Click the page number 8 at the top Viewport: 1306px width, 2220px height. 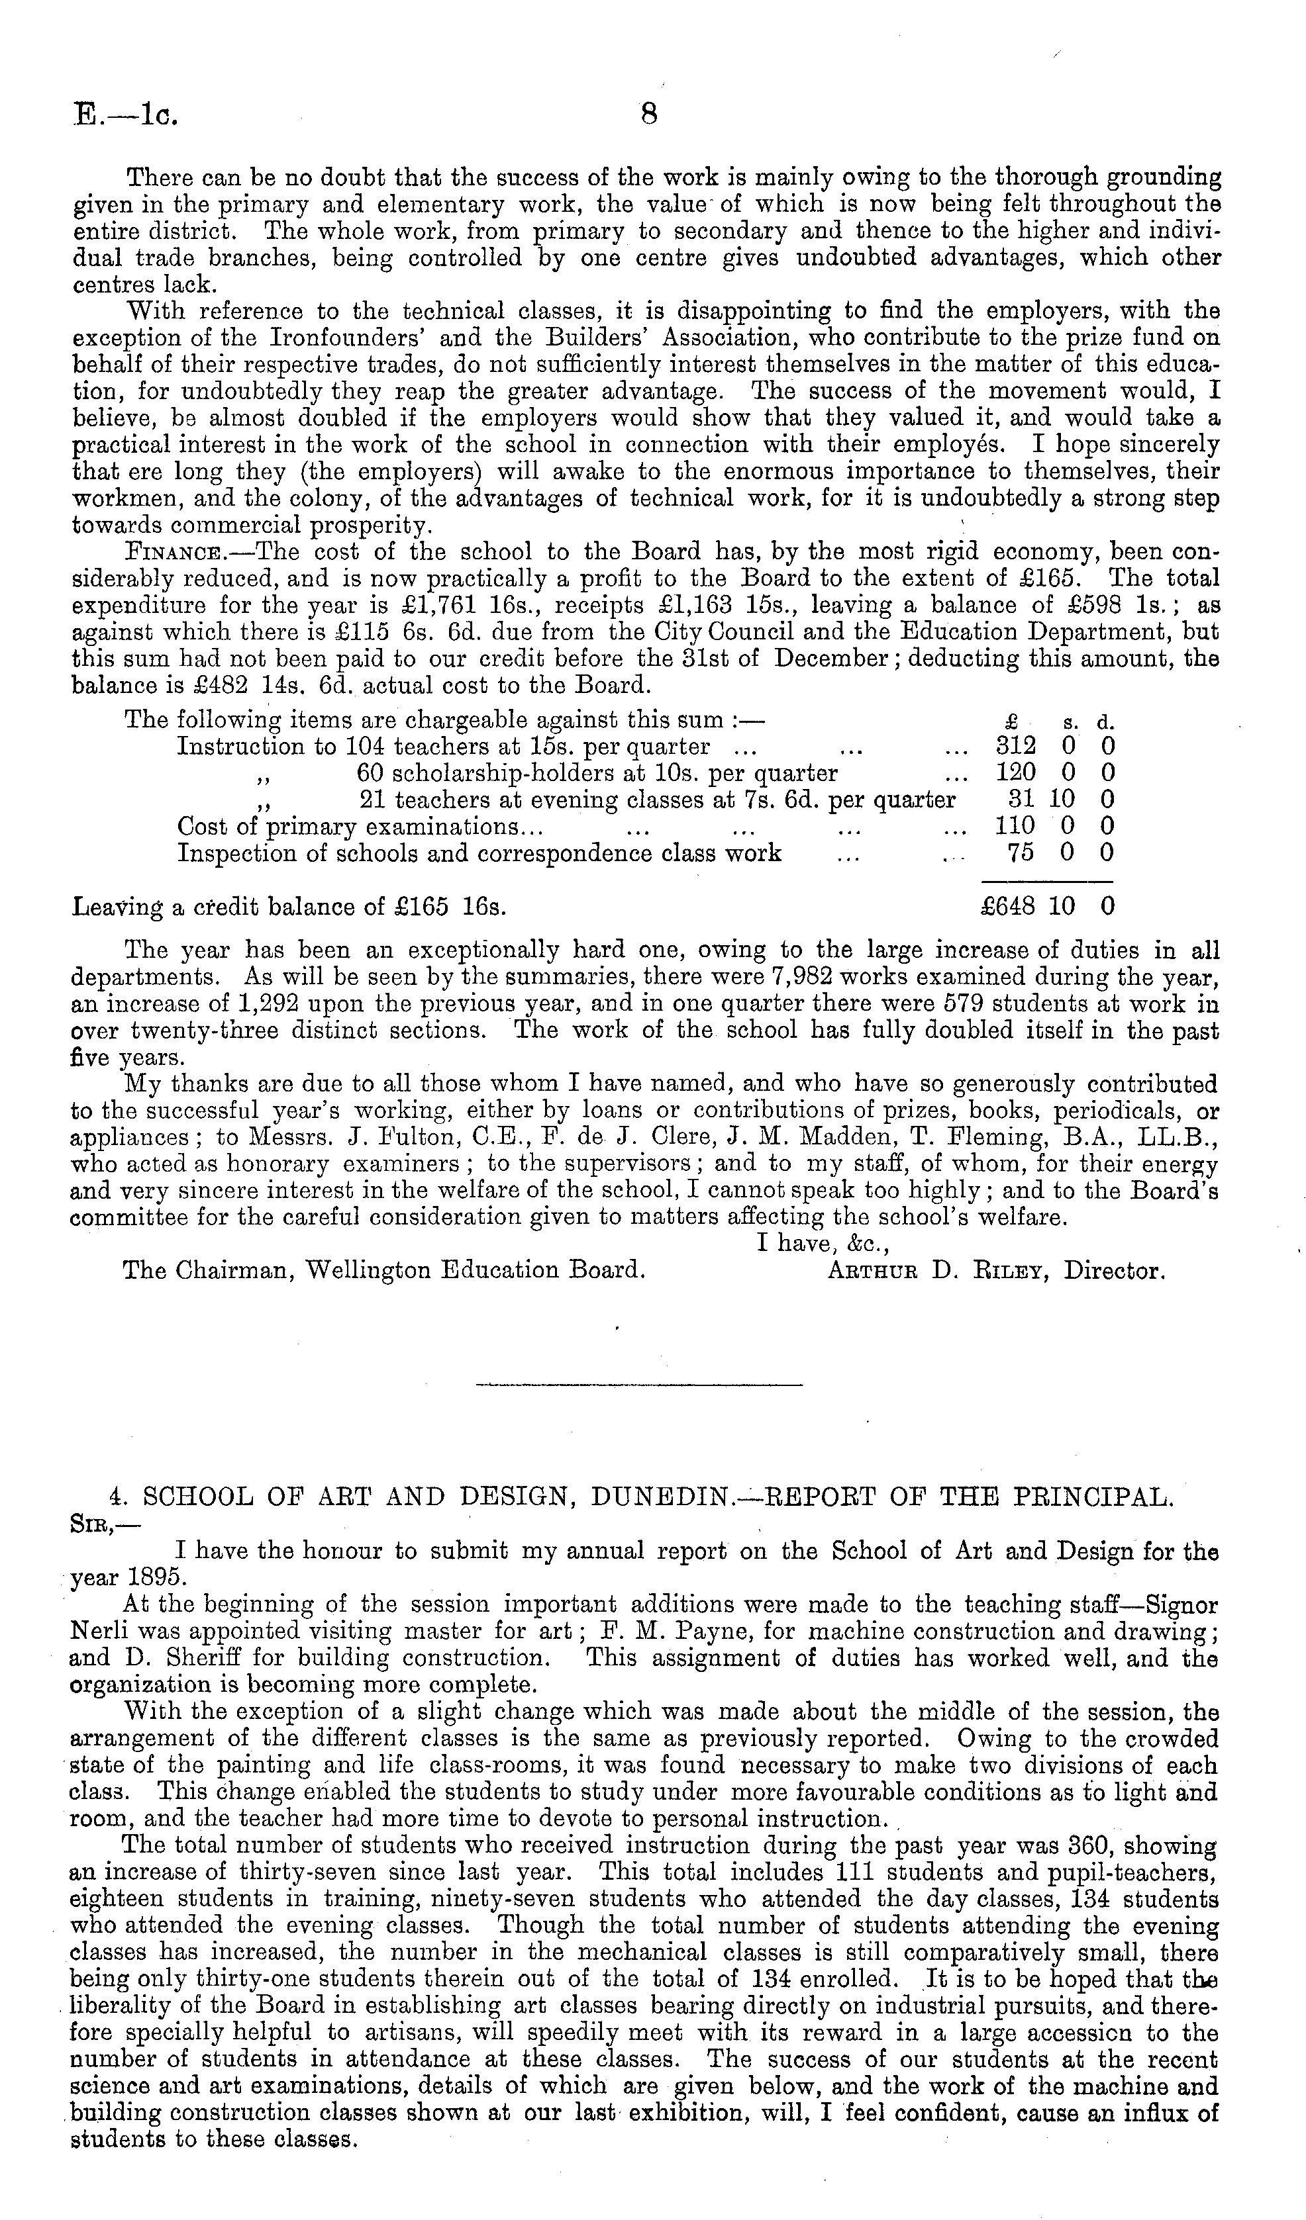click(x=650, y=115)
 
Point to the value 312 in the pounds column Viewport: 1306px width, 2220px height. click(x=1015, y=745)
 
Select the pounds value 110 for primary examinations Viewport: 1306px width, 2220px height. click(x=1015, y=825)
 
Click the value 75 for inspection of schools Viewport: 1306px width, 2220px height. click(x=1021, y=853)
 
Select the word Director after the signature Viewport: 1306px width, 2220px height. click(x=1114, y=1272)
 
